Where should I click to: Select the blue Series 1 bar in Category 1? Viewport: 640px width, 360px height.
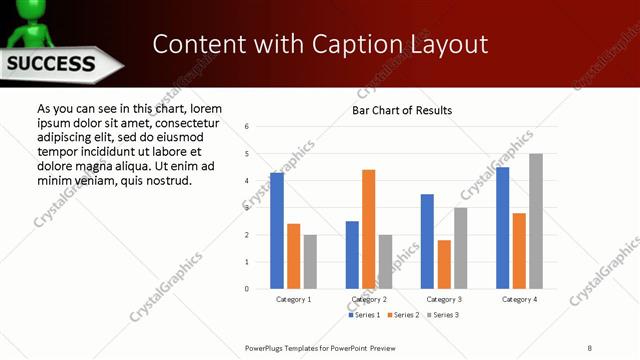point(277,230)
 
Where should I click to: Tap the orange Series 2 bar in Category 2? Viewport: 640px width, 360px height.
point(369,229)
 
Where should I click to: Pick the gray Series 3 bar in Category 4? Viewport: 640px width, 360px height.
point(536,221)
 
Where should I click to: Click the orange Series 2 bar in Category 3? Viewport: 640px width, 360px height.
point(444,264)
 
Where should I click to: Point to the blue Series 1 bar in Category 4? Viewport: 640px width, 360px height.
point(502,227)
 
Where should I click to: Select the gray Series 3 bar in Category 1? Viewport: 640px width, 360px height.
point(310,261)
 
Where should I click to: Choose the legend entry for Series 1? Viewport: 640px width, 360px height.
point(364,315)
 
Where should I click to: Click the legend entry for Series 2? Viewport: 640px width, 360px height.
point(403,315)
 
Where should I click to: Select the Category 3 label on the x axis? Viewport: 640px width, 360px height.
point(443,299)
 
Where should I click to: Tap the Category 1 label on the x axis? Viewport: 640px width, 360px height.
point(294,299)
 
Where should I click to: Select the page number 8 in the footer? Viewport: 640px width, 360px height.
point(589,348)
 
